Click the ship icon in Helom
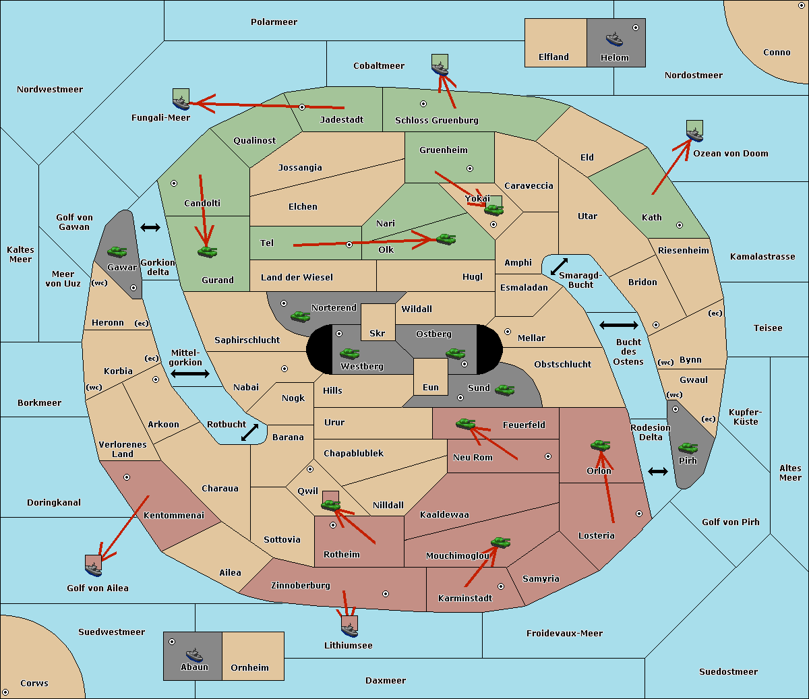point(614,39)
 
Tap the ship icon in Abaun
point(194,655)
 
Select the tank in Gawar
point(117,251)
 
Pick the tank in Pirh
point(688,448)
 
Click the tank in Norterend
point(300,316)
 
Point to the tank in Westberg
point(349,353)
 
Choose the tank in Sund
point(504,390)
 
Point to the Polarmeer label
point(274,22)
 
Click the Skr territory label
point(378,333)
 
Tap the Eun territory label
point(431,387)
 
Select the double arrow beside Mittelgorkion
point(190,373)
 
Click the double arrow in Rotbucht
point(249,432)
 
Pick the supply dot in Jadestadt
point(302,107)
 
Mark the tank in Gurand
point(207,251)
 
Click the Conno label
point(777,53)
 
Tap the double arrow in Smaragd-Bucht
point(559,266)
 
